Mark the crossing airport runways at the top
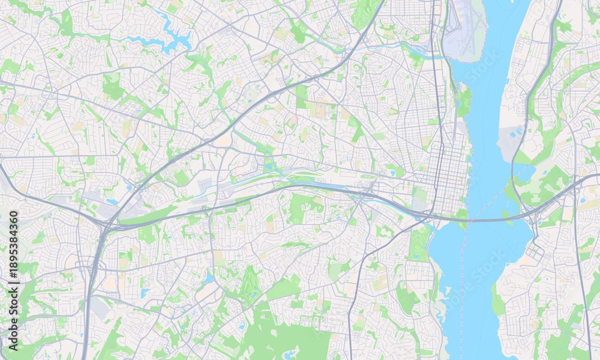tap(465, 30)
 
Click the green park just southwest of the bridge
tap(420, 240)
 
